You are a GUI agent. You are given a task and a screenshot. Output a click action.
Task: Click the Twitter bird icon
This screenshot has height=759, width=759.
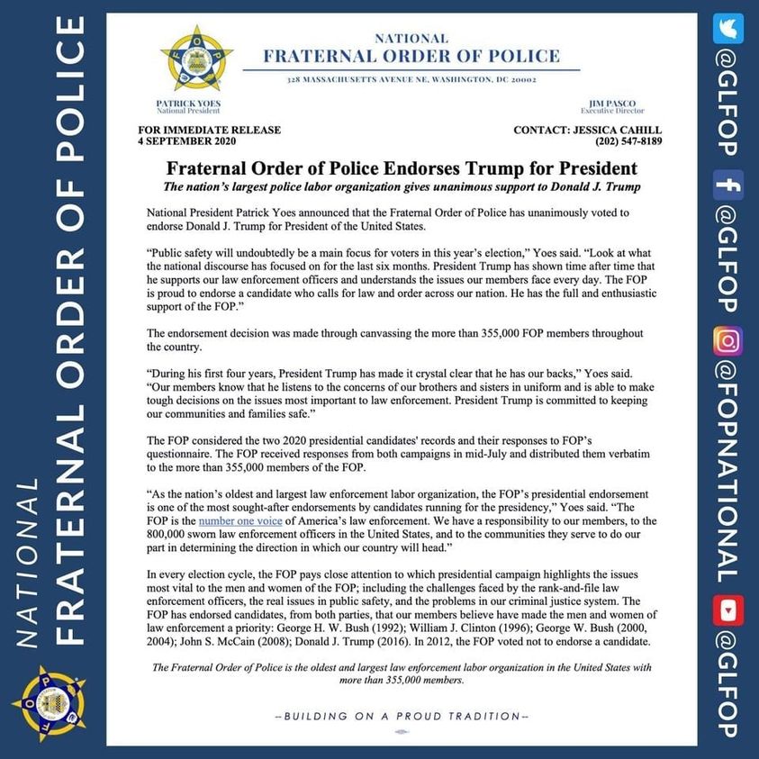[x=727, y=29]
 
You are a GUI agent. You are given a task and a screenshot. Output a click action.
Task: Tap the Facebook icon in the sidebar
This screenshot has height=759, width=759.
[x=727, y=185]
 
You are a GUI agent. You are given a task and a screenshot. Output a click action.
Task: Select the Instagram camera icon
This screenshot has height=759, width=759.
[x=727, y=340]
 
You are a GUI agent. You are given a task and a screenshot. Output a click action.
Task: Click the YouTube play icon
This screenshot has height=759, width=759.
[x=727, y=611]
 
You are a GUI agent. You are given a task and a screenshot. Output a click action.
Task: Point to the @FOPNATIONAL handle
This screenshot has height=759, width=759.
[x=727, y=473]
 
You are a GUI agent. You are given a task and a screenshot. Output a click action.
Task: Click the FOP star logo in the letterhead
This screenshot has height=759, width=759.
[x=196, y=59]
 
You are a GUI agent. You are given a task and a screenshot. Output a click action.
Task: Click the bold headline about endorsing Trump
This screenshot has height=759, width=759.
[x=402, y=168]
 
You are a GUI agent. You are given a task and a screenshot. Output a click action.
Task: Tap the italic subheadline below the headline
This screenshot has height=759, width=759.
[x=402, y=186]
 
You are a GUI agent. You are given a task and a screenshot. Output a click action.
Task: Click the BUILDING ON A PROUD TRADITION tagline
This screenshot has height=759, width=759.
[x=402, y=716]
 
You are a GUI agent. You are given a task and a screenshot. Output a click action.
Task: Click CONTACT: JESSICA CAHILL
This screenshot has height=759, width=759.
[x=587, y=130]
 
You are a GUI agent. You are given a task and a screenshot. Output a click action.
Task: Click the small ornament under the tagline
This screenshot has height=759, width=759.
[x=402, y=732]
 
